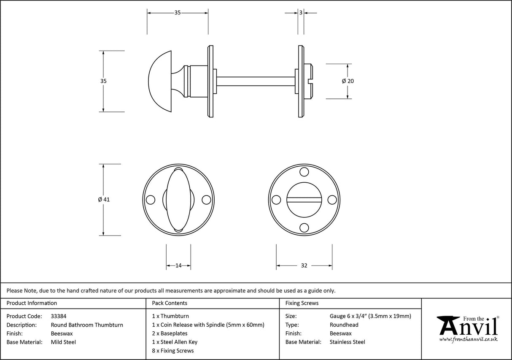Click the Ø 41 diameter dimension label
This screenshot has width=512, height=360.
click(x=103, y=200)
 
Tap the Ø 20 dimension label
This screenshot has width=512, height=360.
click(x=348, y=81)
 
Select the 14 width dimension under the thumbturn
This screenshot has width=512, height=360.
click(x=178, y=265)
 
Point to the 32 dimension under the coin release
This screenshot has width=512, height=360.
click(x=304, y=265)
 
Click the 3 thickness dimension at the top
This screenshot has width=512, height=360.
click(x=301, y=13)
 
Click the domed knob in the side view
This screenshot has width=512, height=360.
click(x=161, y=81)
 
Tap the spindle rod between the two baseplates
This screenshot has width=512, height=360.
click(x=255, y=81)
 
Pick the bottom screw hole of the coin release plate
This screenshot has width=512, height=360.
click(x=303, y=228)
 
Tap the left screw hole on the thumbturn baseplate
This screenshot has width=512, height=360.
click(x=150, y=200)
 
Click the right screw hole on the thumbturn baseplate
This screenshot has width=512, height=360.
click(x=206, y=200)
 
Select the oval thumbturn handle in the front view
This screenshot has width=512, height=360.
click(x=178, y=200)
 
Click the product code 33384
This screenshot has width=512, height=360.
click(x=58, y=316)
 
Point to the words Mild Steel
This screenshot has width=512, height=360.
click(x=63, y=342)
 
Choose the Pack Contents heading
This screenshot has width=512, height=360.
click(x=170, y=303)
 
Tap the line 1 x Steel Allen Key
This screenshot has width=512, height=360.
click(x=175, y=342)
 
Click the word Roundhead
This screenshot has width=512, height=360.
click(x=344, y=325)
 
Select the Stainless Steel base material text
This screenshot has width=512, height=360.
click(x=347, y=342)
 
